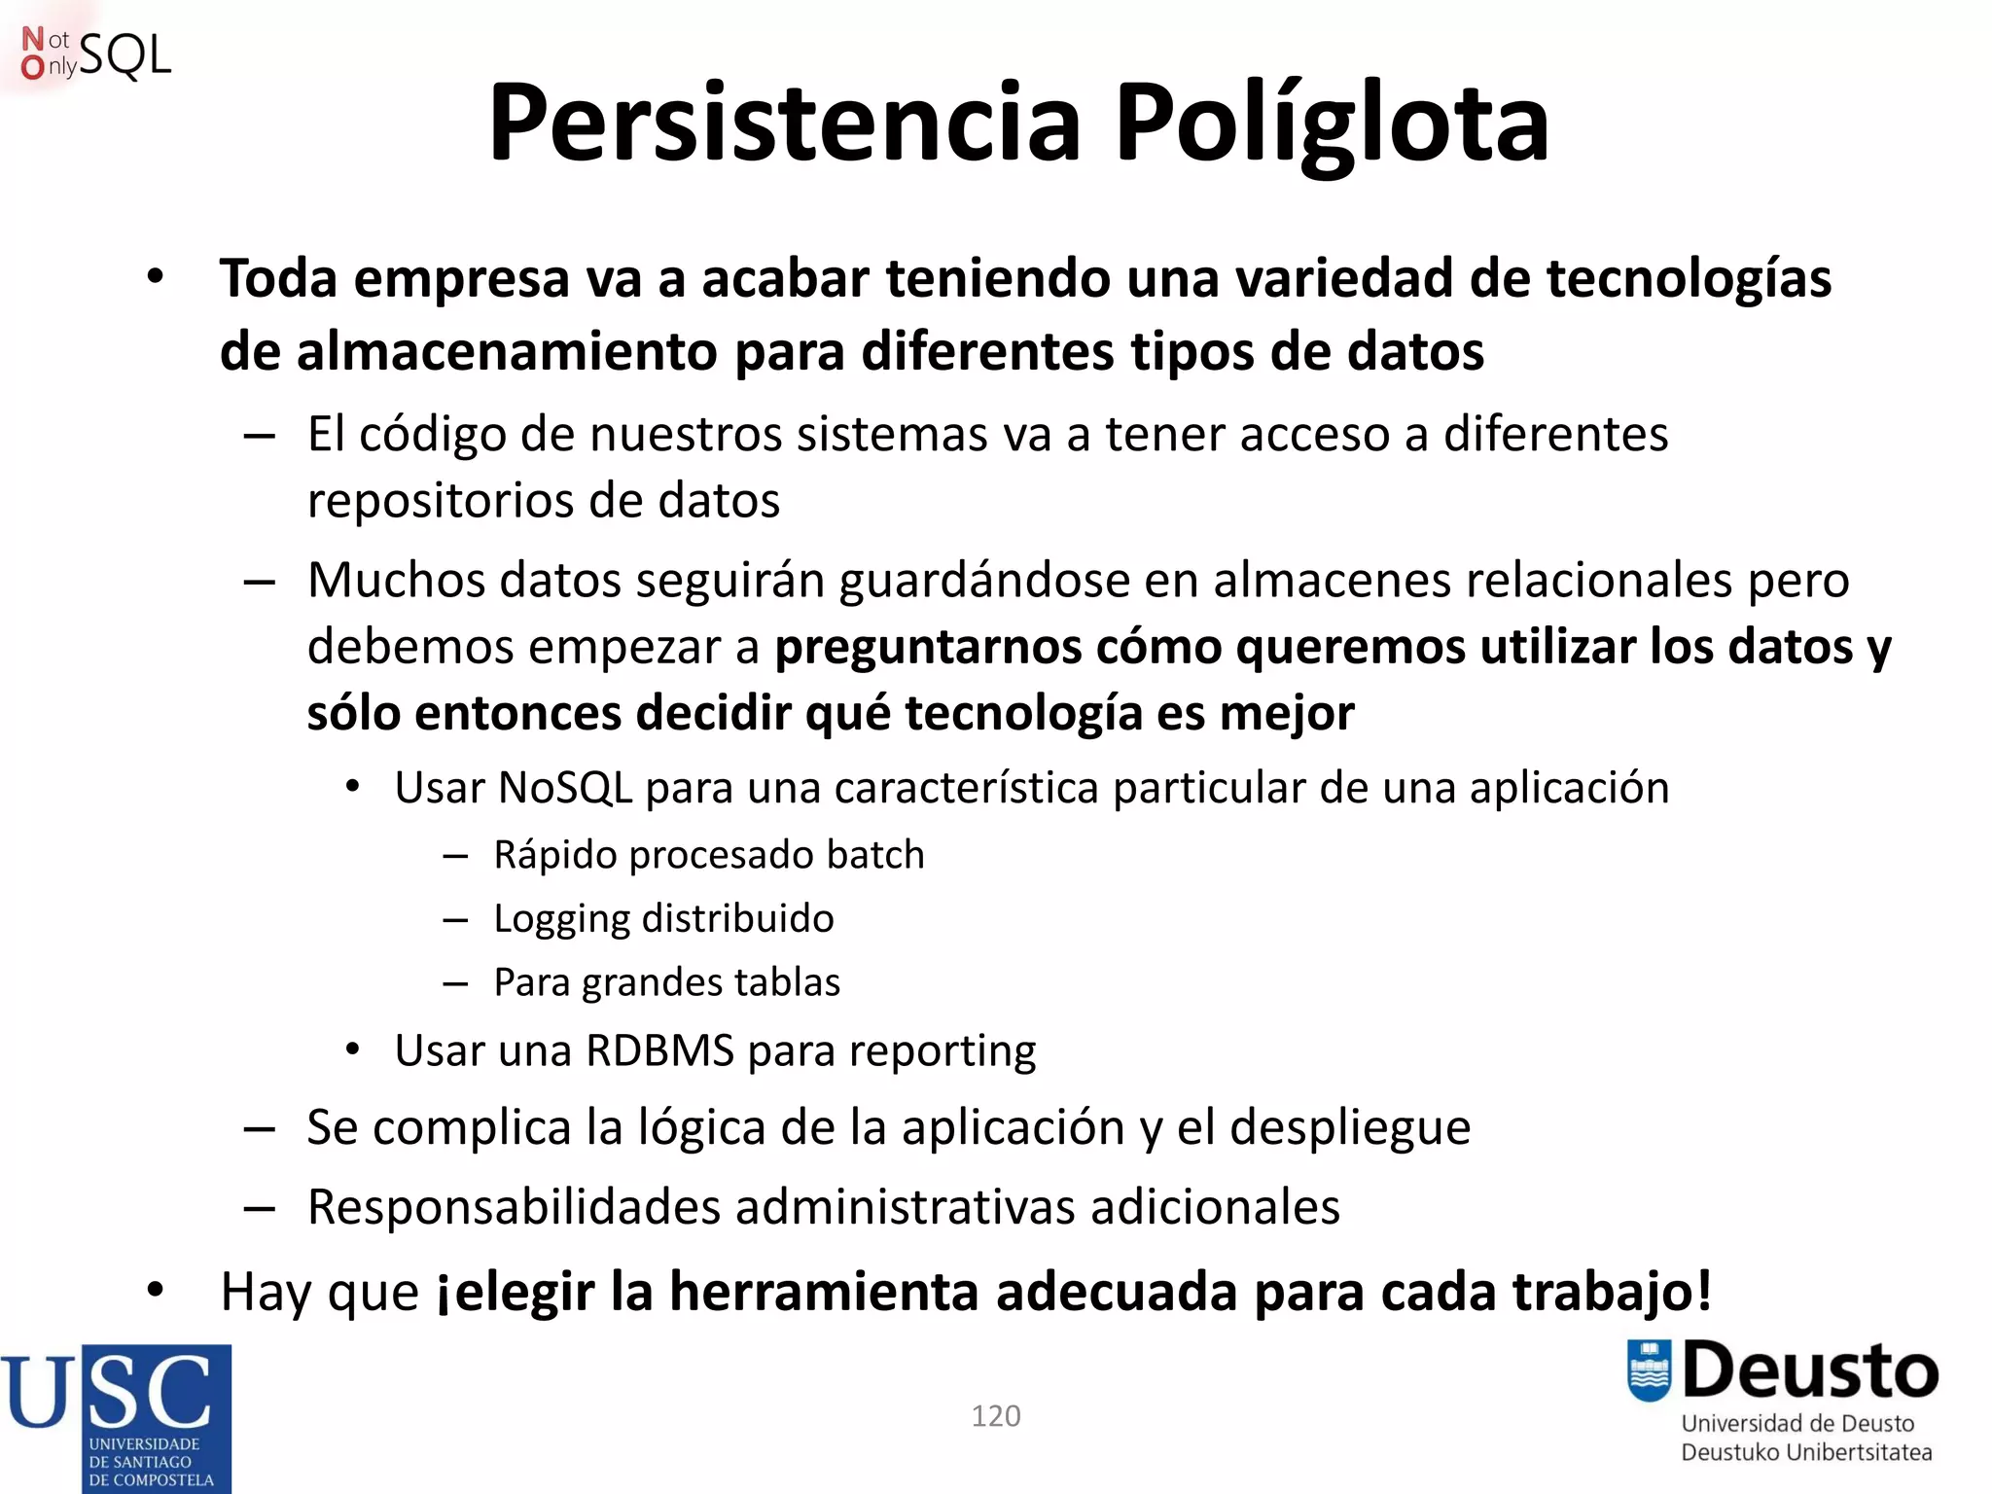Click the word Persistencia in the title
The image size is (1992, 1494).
785,124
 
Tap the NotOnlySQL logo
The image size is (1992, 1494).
95,54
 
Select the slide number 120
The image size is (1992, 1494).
996,1415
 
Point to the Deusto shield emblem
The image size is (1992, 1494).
1649,1370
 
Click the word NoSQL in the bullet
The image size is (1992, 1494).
565,788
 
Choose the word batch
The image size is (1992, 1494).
874,855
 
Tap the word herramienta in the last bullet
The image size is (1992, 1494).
823,1292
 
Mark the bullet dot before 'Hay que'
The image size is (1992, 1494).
156,1291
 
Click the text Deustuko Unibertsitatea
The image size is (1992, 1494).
1806,1452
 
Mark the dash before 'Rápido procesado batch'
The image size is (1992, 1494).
455,856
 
